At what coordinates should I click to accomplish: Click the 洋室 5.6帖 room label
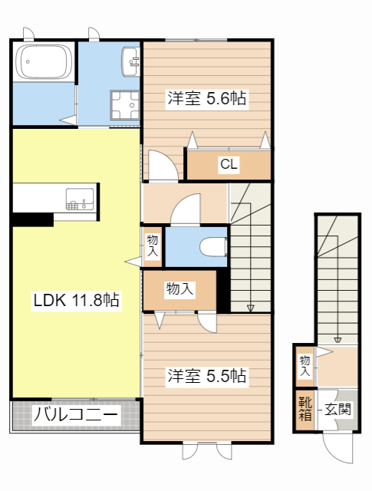pos(207,99)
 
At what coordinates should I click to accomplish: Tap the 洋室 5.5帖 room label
pos(207,377)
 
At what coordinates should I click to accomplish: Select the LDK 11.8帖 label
pos(75,301)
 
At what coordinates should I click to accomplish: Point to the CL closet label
pos(229,163)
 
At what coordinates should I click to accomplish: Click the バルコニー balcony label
pos(75,416)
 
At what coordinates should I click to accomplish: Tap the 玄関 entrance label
pos(337,410)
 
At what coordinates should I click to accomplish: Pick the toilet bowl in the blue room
pos(212,246)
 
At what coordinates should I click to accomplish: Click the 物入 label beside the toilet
pos(152,245)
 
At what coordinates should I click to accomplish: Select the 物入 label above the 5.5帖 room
pos(179,289)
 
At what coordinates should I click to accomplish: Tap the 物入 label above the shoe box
pos(305,365)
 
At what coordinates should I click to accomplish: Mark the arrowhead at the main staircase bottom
pos(250,308)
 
